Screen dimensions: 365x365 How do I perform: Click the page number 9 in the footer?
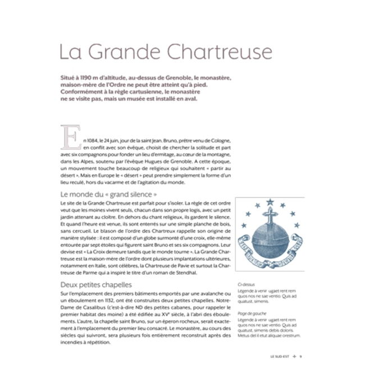point(301,355)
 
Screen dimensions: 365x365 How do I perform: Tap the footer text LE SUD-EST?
point(279,355)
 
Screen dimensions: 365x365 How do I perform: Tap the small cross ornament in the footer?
point(294,355)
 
